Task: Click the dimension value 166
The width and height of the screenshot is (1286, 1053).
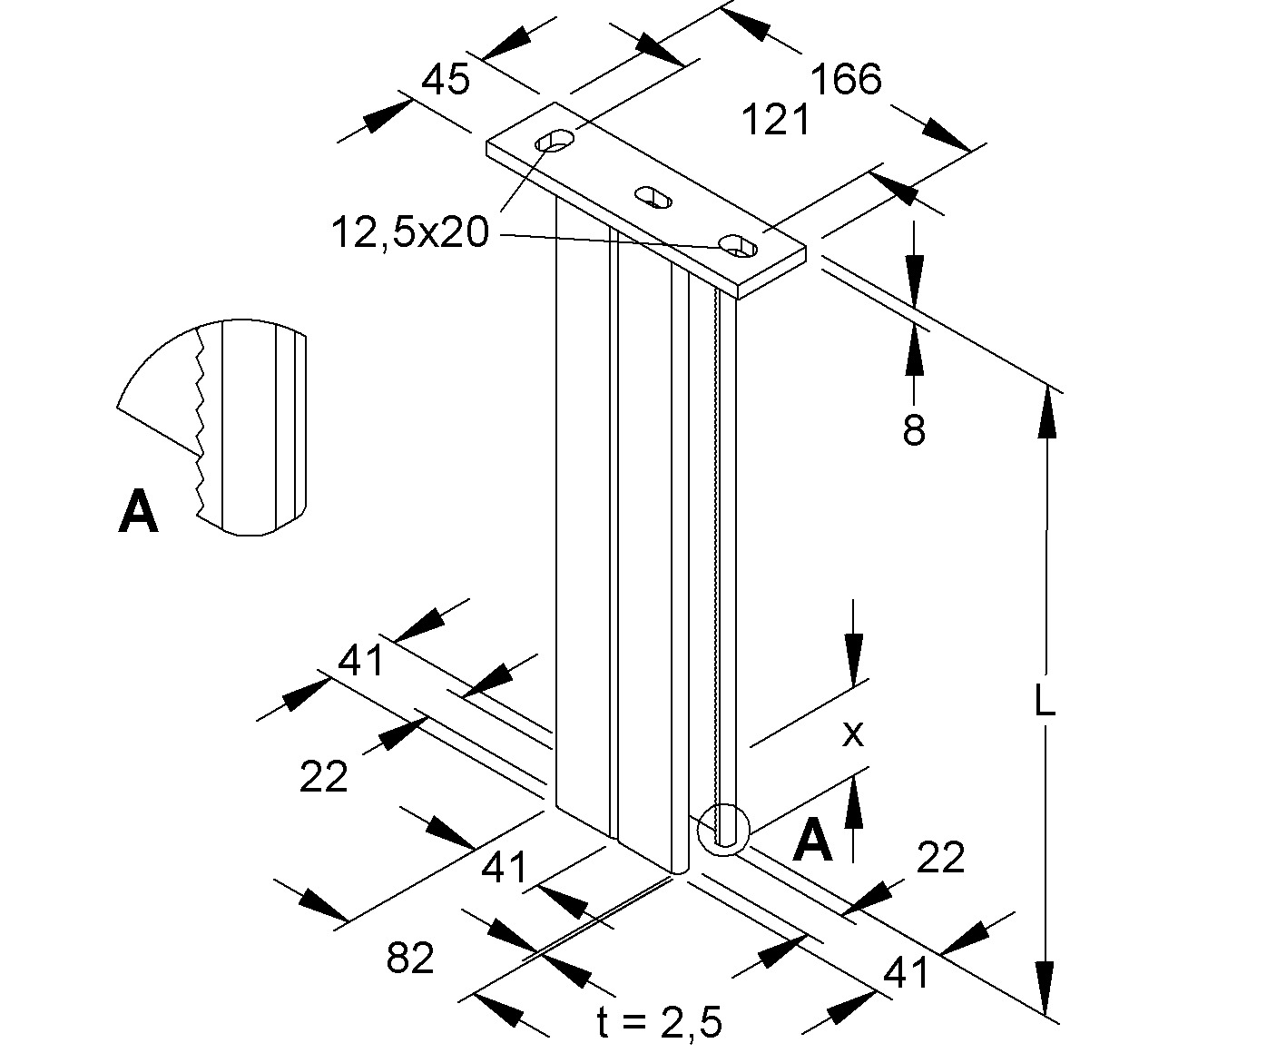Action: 845,80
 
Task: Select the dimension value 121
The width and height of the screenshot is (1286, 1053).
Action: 777,119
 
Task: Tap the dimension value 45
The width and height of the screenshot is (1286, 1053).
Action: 447,81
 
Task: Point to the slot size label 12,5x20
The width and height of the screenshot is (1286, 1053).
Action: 409,233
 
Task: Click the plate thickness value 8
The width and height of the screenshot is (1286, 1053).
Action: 914,429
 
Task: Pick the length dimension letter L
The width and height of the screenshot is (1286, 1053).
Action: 1045,701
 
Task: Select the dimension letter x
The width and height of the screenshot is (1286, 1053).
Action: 852,733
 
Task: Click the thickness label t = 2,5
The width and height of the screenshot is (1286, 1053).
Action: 660,1024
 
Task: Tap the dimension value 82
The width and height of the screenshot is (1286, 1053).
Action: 410,958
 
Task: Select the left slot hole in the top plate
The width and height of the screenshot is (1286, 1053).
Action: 555,141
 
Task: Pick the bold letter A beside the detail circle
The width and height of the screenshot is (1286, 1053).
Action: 812,841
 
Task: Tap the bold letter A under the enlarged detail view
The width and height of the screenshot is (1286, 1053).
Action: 138,513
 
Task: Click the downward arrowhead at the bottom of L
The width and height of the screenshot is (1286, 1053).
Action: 1046,989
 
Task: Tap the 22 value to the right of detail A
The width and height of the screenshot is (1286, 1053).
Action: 940,857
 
